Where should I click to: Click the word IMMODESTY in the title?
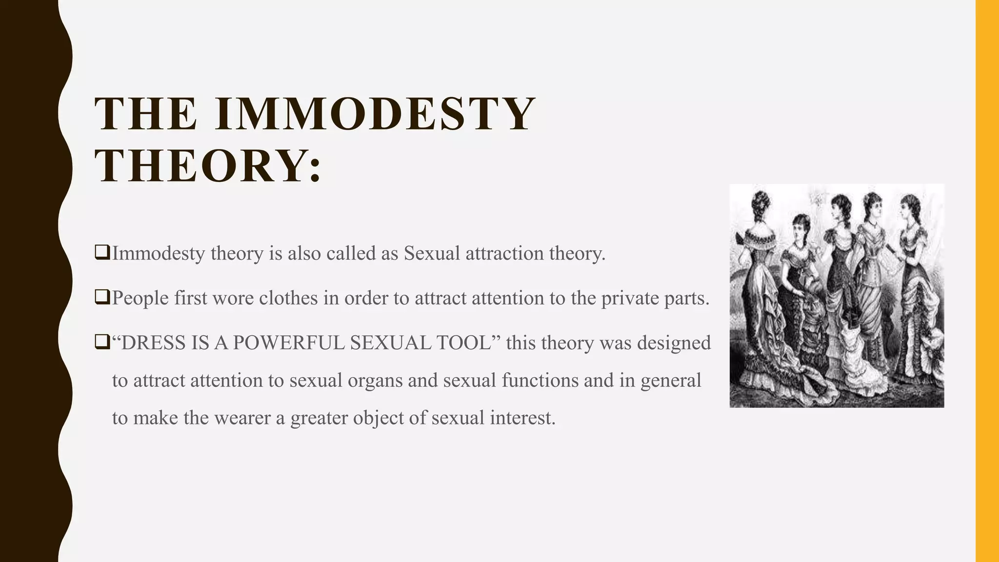(x=375, y=114)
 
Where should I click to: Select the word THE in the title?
(x=146, y=114)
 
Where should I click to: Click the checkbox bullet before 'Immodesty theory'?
(x=102, y=253)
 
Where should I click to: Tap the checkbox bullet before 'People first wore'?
(x=102, y=297)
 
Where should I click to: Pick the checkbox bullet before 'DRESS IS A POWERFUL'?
(x=102, y=342)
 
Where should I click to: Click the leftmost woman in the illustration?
(x=759, y=293)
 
